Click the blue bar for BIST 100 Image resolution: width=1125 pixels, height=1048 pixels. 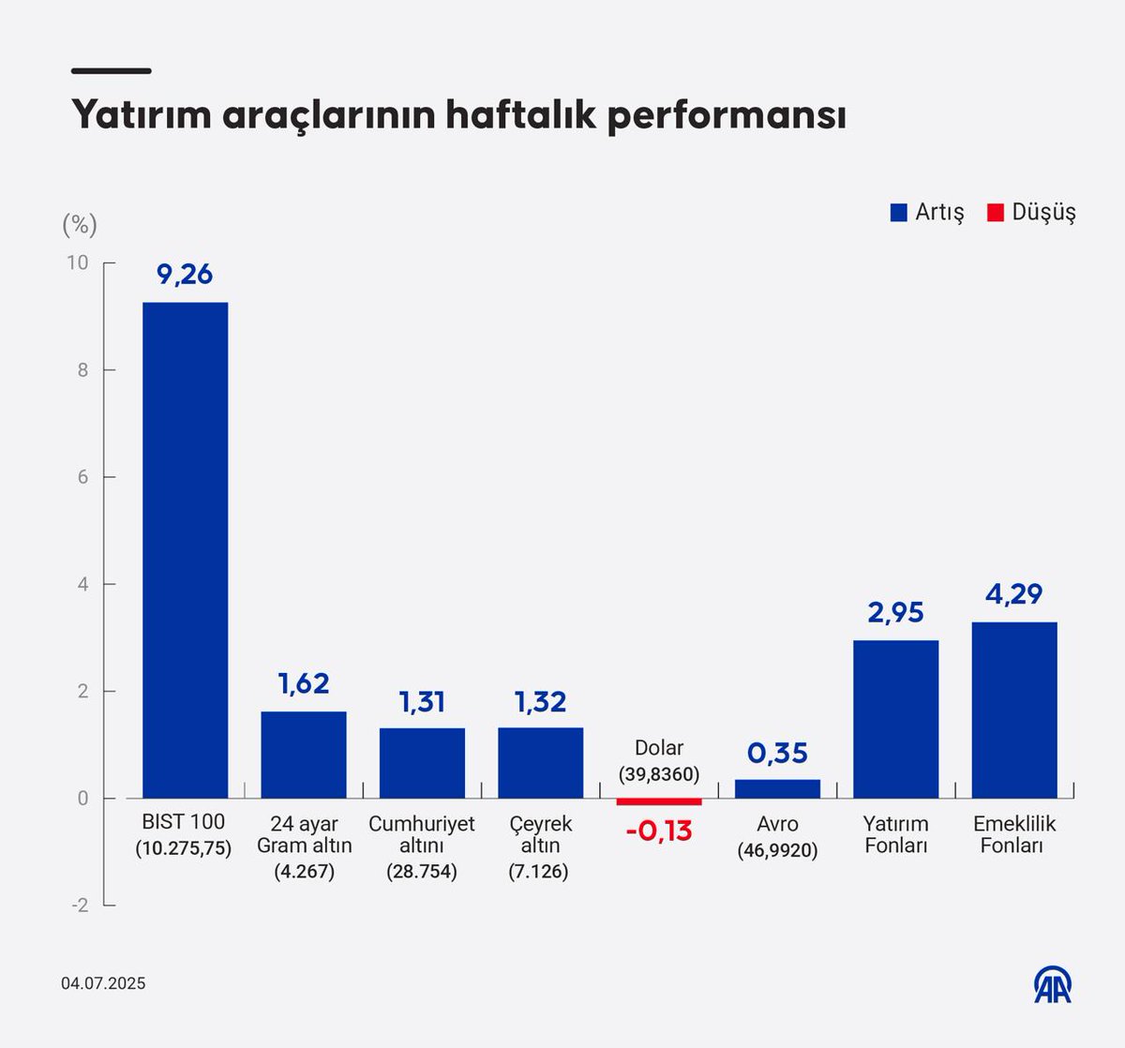[185, 550]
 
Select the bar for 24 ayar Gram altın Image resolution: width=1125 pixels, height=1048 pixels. [304, 755]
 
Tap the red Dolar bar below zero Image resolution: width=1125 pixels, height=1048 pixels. [659, 801]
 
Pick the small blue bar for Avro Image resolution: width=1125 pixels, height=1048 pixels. [777, 788]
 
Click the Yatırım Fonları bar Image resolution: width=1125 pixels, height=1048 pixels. [895, 719]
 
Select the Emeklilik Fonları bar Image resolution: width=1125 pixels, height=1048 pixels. [1014, 710]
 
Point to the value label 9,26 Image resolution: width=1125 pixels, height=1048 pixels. [185, 275]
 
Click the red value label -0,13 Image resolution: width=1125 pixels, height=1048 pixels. [659, 831]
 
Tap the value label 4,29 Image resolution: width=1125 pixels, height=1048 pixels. [1014, 594]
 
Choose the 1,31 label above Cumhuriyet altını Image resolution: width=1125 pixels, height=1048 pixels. [422, 702]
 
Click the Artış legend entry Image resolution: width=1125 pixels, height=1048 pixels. [927, 212]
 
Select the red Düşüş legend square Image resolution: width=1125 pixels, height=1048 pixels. [996, 213]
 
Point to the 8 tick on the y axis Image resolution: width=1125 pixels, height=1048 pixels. [83, 370]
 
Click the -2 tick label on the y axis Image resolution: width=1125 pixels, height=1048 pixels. [81, 906]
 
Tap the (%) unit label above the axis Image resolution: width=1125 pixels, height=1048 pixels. [80, 225]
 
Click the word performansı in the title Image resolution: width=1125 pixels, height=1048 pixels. [727, 116]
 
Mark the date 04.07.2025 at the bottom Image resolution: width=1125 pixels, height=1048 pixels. [104, 983]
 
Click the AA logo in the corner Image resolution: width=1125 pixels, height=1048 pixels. [1053, 984]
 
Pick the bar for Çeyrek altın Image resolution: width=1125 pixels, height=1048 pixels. [540, 763]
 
